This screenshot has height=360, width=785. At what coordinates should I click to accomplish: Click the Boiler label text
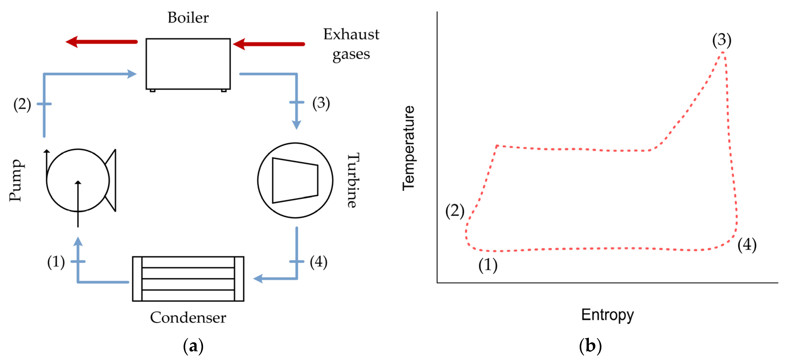coord(188,17)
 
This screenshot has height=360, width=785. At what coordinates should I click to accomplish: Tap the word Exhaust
coord(351,34)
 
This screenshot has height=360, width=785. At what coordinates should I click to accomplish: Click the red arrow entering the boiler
coord(269,44)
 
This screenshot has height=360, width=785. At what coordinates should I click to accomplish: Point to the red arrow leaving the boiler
coord(101,42)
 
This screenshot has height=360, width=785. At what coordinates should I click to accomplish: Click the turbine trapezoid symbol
coord(295,180)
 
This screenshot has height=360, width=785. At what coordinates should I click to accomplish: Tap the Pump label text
coord(16,180)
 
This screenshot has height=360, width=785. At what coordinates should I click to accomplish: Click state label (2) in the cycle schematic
coord(22,104)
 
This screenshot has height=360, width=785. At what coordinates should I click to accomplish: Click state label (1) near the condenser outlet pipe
coord(56,262)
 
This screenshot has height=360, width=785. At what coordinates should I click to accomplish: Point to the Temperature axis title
coord(409,148)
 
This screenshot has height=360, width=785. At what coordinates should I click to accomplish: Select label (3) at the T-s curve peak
coord(722,40)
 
